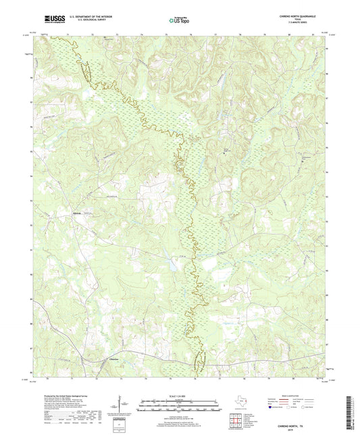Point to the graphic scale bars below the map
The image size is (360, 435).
pos(179,407)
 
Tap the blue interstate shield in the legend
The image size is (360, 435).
pos(272,408)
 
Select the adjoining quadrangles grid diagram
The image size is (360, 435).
pos(235,422)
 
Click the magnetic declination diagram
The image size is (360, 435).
pos(120,407)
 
